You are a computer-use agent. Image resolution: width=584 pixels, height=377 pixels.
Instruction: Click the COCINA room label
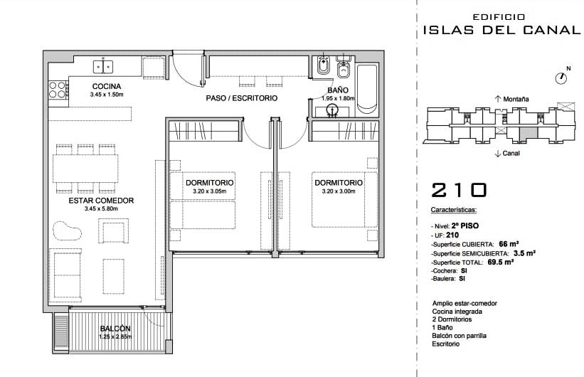[107, 87]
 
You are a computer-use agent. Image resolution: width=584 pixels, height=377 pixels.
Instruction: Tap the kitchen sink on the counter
[103, 67]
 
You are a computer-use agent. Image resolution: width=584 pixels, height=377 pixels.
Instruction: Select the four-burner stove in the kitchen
[58, 90]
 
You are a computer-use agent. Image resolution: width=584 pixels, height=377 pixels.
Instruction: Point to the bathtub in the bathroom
[367, 89]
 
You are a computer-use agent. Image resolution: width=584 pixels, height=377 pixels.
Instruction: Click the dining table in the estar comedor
[85, 169]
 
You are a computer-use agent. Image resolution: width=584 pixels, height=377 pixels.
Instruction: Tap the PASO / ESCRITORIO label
[242, 98]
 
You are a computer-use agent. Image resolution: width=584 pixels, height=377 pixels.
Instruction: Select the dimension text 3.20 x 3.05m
[209, 191]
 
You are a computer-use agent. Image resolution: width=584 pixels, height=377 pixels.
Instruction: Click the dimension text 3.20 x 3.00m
[339, 191]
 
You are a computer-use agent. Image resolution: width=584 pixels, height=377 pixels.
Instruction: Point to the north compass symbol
[561, 78]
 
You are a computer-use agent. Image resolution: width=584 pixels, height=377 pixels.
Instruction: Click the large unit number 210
[459, 190]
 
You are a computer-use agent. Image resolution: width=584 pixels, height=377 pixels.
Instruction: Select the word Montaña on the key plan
[516, 99]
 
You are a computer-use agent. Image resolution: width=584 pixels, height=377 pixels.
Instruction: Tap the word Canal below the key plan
[511, 153]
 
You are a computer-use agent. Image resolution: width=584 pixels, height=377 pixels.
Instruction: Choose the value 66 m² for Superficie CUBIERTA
[509, 244]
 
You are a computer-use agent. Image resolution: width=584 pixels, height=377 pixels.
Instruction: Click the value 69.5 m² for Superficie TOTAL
[501, 262]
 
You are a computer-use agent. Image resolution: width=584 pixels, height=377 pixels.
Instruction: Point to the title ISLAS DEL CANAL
[502, 30]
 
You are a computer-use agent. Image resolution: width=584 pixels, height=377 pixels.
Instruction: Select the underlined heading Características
[454, 210]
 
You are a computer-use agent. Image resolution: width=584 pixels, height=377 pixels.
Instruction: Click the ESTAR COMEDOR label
[101, 201]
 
